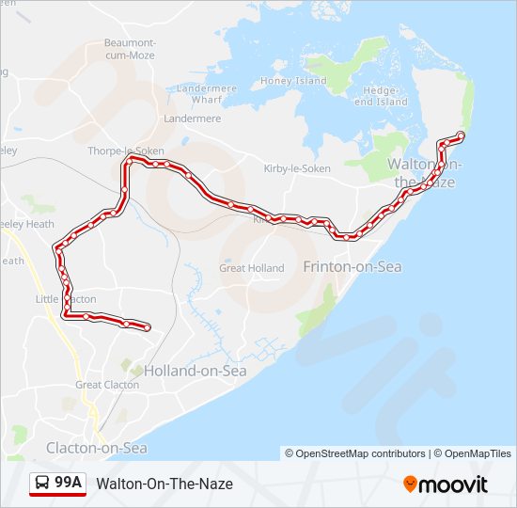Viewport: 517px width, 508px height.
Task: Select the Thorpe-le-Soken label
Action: [125, 151]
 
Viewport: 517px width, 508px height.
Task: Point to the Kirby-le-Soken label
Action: [297, 168]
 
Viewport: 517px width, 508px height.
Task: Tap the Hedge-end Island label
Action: [385, 96]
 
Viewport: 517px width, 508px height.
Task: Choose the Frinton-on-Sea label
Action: [352, 267]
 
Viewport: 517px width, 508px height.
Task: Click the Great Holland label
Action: [251, 268]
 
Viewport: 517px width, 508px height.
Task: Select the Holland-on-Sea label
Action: [195, 371]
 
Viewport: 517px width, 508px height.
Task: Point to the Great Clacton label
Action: [107, 385]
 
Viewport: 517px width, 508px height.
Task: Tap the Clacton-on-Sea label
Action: [97, 448]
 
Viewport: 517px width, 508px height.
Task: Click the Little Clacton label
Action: [66, 299]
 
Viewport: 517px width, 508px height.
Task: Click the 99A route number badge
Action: [69, 484]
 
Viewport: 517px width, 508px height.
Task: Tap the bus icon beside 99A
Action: [43, 484]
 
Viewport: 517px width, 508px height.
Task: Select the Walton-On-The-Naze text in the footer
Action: [164, 484]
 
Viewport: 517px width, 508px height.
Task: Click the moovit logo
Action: [446, 484]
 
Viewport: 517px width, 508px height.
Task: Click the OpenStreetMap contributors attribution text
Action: [355, 453]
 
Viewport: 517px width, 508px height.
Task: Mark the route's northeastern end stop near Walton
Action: [461, 135]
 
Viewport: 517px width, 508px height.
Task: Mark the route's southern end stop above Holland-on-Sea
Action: [148, 327]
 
